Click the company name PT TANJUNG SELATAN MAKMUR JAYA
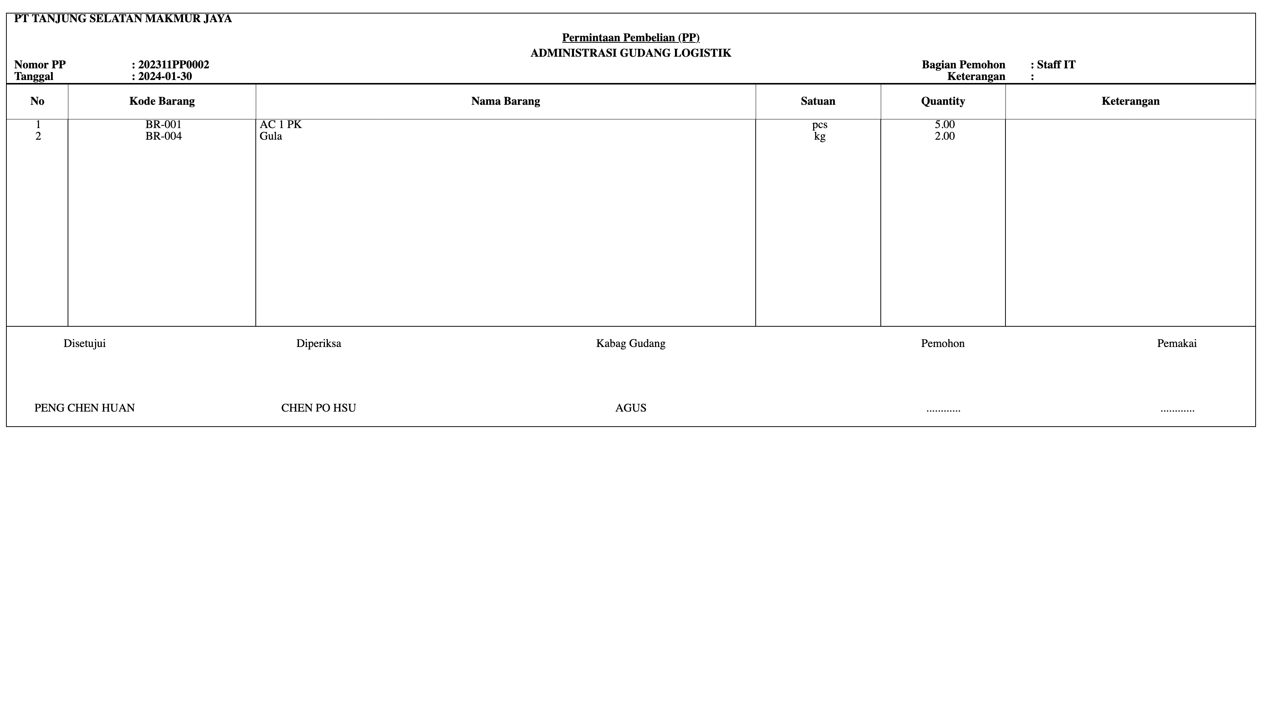(x=122, y=19)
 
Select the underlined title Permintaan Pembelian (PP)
(x=631, y=38)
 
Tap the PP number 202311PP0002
(x=174, y=65)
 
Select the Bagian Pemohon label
(x=963, y=65)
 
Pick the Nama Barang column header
(x=506, y=101)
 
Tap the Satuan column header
(x=818, y=101)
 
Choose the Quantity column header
(x=943, y=101)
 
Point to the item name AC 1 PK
(x=280, y=124)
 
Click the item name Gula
(x=270, y=136)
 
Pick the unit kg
(x=819, y=137)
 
